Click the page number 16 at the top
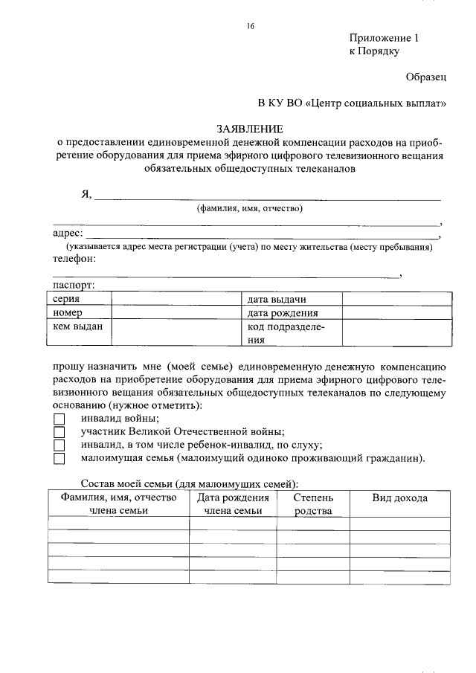tap(251, 26)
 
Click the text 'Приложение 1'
tap(385, 38)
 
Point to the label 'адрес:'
tap(67, 234)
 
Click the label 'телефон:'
tap(74, 259)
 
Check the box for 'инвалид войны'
tap(59, 419)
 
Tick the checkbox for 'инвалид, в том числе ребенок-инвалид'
tap(59, 445)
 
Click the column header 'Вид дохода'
tap(399, 497)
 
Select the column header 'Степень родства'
tap(313, 503)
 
